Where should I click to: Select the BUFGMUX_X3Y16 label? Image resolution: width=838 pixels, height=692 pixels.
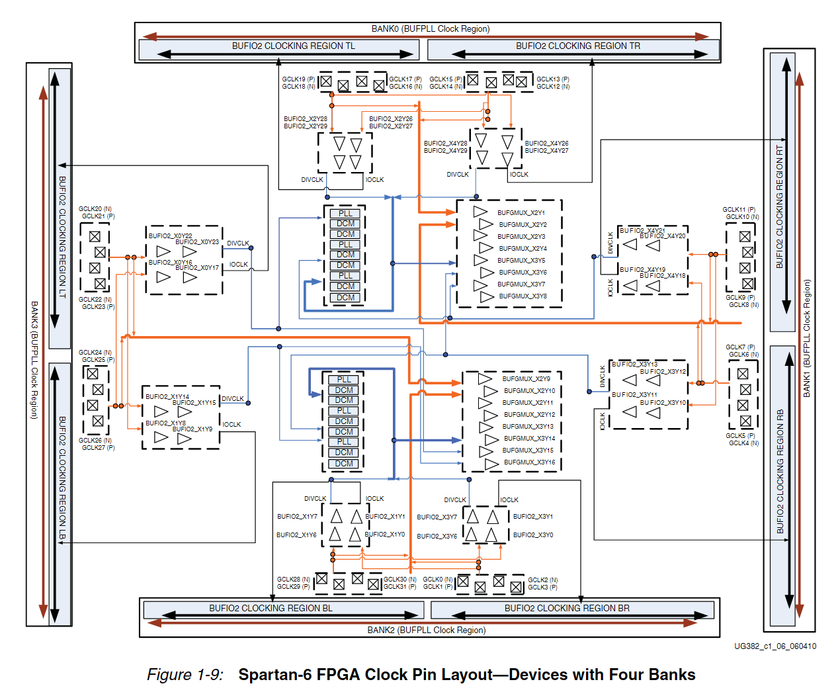pyautogui.click(x=529, y=462)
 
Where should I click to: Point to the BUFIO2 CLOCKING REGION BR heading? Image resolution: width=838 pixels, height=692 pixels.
pyautogui.click(x=567, y=608)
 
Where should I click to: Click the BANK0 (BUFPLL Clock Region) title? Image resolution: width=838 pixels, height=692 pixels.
pyautogui.click(x=431, y=28)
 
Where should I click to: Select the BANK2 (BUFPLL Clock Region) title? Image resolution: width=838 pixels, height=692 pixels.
pyautogui.click(x=427, y=630)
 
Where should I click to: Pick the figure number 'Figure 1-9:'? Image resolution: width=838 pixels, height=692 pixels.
pyautogui.click(x=185, y=675)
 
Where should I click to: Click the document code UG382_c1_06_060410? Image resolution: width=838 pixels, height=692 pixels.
pyautogui.click(x=775, y=646)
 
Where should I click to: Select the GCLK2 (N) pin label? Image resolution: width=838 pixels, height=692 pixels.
pyautogui.click(x=542, y=580)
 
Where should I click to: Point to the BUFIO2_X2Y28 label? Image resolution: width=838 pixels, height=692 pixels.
pyautogui.click(x=305, y=119)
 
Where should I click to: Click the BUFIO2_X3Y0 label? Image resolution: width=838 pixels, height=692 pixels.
pyautogui.click(x=532, y=535)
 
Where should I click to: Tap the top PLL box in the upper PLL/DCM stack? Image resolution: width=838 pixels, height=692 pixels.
pyautogui.click(x=345, y=214)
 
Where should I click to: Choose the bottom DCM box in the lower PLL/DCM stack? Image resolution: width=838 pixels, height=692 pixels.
pyautogui.click(x=344, y=464)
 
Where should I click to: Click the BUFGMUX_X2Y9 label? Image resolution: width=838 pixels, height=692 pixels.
pyautogui.click(x=526, y=379)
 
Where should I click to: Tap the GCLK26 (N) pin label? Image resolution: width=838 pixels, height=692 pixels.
pyautogui.click(x=95, y=441)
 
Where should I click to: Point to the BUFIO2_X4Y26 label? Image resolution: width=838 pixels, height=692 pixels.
pyautogui.click(x=546, y=143)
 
